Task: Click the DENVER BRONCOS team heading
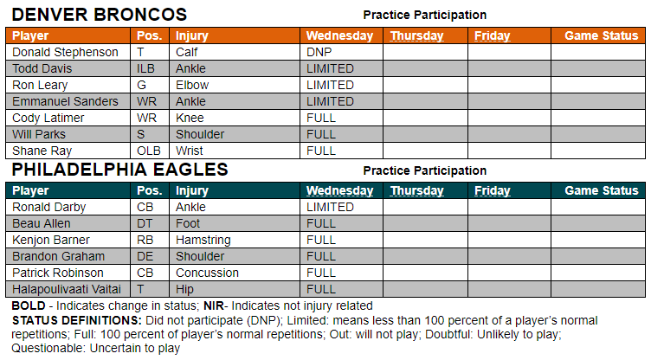pos(100,15)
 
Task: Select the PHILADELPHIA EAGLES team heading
pos(120,170)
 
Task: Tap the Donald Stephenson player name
pos(65,52)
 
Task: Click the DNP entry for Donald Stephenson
pos(319,52)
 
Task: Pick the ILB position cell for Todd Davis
pos(145,68)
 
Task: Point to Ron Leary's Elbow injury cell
pos(192,85)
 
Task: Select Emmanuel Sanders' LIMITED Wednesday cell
pos(330,101)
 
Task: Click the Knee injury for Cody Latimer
pos(190,118)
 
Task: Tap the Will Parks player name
pos(39,134)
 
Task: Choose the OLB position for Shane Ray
pos(149,151)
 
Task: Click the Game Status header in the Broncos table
pos(601,35)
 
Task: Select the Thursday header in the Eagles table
pos(417,190)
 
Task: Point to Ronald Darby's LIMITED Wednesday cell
pos(330,207)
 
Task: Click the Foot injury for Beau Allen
pos(188,223)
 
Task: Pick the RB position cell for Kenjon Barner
pos(145,240)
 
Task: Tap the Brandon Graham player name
pos(59,257)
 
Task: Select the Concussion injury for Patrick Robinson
pos(207,273)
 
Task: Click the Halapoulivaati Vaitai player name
pos(67,289)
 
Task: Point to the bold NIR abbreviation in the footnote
pos(214,306)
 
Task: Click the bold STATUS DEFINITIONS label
pos(77,320)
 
